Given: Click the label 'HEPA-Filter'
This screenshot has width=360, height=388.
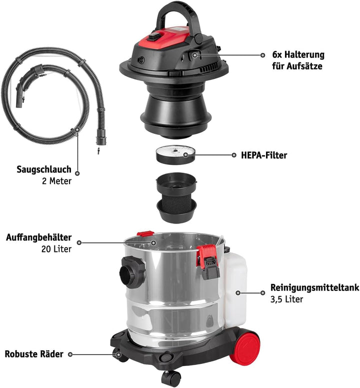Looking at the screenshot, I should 260,155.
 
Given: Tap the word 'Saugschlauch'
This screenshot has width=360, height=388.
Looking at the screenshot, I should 44,169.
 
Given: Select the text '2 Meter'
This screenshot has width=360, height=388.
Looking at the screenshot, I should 57,181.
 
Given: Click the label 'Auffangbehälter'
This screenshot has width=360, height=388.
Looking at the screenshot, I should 39,237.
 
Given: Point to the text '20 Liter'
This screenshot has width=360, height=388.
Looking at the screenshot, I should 56,248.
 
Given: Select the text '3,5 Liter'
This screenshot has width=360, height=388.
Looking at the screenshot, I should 286,299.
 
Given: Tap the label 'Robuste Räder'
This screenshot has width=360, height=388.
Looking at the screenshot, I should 34,354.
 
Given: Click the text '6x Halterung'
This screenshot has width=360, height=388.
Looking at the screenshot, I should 298,54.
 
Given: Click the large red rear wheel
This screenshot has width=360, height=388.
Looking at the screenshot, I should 246,345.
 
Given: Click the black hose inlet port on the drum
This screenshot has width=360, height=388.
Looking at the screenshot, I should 130,272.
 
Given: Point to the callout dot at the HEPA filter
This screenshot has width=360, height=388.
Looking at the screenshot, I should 186,155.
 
